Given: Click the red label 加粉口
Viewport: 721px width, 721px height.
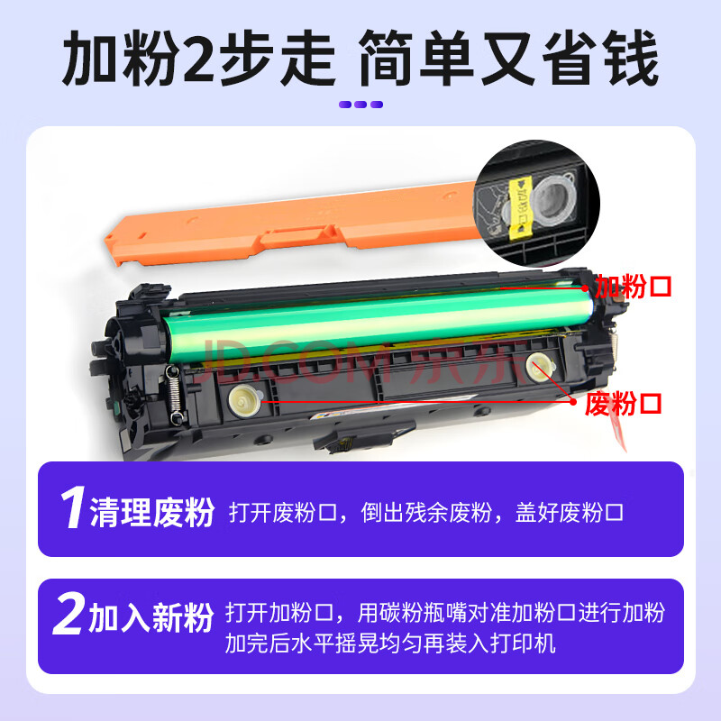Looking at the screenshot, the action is (x=634, y=287).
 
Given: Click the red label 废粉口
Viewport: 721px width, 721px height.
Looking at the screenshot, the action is (x=623, y=404).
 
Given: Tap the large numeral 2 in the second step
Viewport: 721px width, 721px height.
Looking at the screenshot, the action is (x=69, y=613).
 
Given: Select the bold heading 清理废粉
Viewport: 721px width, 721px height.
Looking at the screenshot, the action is (x=152, y=512).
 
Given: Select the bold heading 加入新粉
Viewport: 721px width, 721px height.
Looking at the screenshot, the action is (x=151, y=617).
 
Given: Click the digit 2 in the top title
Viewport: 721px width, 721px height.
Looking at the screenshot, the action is (x=198, y=59).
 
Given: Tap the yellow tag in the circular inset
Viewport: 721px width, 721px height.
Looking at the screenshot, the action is (x=520, y=207).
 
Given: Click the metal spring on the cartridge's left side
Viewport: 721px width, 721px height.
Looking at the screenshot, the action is (x=175, y=394).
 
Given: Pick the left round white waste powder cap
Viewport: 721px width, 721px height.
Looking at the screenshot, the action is (x=245, y=400).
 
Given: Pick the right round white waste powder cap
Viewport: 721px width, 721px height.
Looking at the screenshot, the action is (x=540, y=367).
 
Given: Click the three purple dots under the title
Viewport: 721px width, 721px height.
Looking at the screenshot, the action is (x=360, y=105).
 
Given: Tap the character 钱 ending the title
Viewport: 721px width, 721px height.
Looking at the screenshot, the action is (x=632, y=59).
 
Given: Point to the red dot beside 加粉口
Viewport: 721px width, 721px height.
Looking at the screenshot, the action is (x=584, y=288).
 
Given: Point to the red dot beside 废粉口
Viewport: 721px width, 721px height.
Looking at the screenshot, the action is (x=573, y=401).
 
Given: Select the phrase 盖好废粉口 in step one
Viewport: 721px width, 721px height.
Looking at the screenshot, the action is (x=570, y=512).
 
